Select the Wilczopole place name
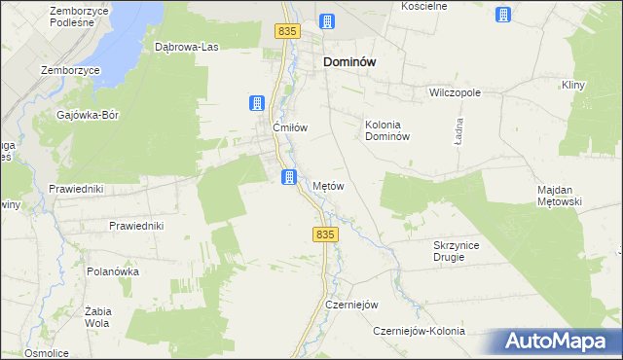456,93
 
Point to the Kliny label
571,86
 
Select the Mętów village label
328,185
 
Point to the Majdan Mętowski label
559,196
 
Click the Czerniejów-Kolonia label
419,331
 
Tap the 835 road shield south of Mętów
325,235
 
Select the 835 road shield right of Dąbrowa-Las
285,32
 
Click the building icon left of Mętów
289,176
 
